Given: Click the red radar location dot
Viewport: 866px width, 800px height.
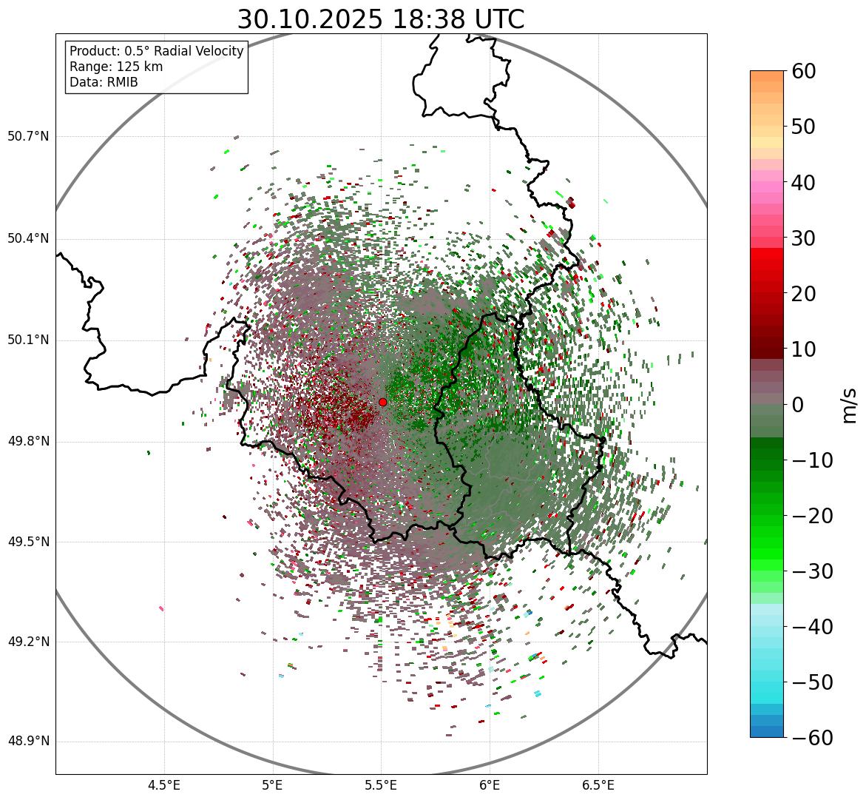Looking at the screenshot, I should pyautogui.click(x=382, y=402).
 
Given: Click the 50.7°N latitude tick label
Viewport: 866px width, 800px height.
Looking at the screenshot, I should pyautogui.click(x=28, y=137).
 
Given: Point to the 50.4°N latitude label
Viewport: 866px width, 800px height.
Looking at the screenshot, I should pyautogui.click(x=28, y=239).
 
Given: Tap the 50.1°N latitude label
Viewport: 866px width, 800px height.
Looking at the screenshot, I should pyautogui.click(x=28, y=340).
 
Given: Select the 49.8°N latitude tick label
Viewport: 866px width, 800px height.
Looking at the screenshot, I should pyautogui.click(x=28, y=442).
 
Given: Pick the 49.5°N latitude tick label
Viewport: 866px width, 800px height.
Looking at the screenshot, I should pyautogui.click(x=28, y=542).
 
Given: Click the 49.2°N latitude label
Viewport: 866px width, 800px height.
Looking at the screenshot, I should pyautogui.click(x=28, y=642).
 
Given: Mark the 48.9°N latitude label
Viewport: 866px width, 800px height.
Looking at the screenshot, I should pyautogui.click(x=28, y=742).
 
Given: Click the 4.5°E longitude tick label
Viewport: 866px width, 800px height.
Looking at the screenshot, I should pyautogui.click(x=164, y=785).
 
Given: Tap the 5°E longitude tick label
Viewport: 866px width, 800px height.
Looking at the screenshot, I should pyautogui.click(x=273, y=785).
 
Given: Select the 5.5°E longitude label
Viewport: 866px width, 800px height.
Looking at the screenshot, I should pyautogui.click(x=381, y=785).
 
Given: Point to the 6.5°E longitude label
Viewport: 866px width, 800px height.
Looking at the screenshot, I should pyautogui.click(x=598, y=785).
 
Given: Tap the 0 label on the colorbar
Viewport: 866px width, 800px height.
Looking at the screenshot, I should pyautogui.click(x=798, y=405).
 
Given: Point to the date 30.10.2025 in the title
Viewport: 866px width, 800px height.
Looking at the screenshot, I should pyautogui.click(x=310, y=20).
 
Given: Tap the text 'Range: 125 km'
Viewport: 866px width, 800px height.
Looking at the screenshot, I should pyautogui.click(x=116, y=67).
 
